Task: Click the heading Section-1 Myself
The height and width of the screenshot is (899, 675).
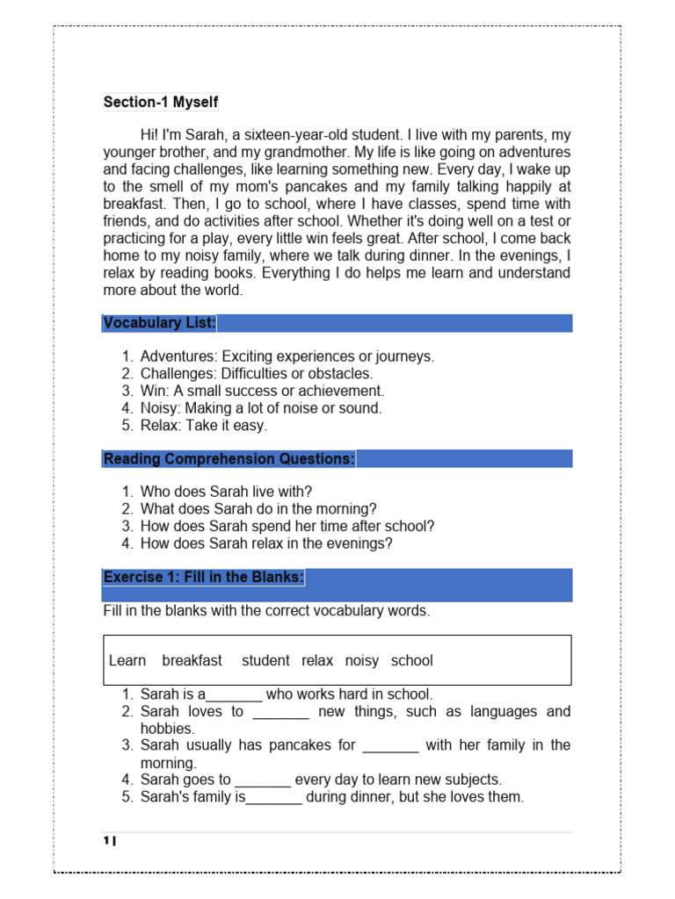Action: [161, 103]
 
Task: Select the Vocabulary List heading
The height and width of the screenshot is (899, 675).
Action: [159, 323]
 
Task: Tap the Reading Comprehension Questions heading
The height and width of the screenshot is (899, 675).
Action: [229, 458]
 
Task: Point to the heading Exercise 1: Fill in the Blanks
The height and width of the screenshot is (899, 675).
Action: [204, 577]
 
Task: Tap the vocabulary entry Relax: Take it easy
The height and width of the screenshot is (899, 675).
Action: [203, 425]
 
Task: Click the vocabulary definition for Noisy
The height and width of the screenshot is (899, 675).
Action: [261, 408]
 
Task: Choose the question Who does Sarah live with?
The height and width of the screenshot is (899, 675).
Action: [226, 492]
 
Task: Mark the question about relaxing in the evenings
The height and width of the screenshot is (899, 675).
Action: [266, 543]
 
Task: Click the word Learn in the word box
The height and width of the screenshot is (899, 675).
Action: [127, 660]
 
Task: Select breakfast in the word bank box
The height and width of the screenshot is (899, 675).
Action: [192, 660]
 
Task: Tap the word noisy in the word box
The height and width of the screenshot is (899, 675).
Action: [361, 660]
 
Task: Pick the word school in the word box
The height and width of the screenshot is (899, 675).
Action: [412, 660]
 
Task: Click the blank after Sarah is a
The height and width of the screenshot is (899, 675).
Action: [234, 695]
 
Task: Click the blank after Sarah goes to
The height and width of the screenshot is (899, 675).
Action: [263, 780]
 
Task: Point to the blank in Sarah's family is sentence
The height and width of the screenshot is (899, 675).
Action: [274, 798]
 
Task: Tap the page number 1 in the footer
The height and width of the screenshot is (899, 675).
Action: [107, 842]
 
